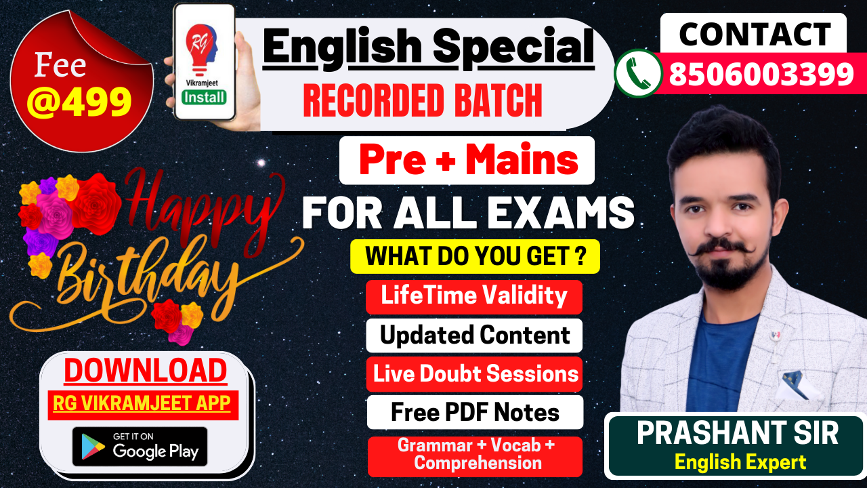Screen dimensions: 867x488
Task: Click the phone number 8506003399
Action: tap(761, 74)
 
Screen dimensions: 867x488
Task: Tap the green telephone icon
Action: tap(638, 73)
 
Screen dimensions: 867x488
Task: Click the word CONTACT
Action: tap(755, 34)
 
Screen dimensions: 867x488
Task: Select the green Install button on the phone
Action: tap(204, 97)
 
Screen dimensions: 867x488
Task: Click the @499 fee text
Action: tap(79, 102)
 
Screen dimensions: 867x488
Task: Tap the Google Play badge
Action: tap(140, 447)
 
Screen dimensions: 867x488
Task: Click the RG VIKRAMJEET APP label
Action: tap(142, 403)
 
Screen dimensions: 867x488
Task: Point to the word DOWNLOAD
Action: tap(146, 371)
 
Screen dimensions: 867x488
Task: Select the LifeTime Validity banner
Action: tap(474, 297)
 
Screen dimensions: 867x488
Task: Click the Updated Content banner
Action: tap(474, 335)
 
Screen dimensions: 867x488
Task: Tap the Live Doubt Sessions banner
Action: tap(475, 374)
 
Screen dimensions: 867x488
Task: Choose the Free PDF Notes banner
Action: tap(475, 412)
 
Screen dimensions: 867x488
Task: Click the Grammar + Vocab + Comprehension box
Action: tap(475, 456)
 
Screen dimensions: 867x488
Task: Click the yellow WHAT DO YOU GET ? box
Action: tap(475, 256)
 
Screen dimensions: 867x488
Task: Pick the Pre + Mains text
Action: tap(468, 159)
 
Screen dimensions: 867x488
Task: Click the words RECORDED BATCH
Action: tap(422, 100)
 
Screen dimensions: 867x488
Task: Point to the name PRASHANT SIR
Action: tap(738, 433)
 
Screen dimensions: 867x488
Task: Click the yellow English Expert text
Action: tap(740, 462)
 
